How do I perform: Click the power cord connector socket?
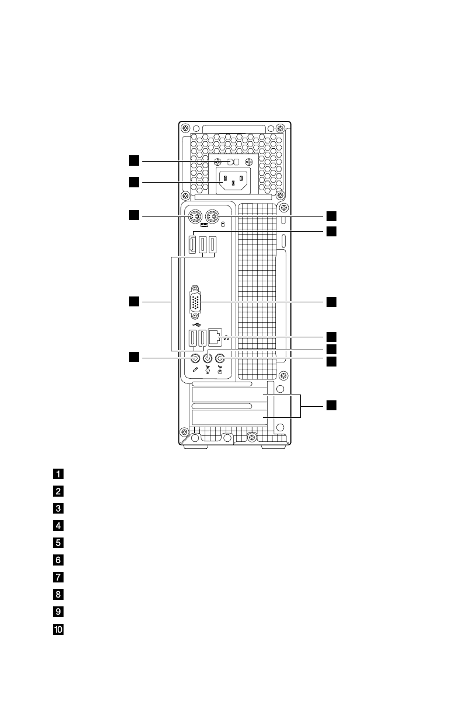click(233, 183)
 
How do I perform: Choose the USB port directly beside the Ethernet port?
click(203, 338)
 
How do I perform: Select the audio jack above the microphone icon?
click(195, 358)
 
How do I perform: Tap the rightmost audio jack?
click(220, 358)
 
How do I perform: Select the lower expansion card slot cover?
click(227, 418)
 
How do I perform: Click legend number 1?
click(59, 473)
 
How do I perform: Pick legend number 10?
click(59, 630)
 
